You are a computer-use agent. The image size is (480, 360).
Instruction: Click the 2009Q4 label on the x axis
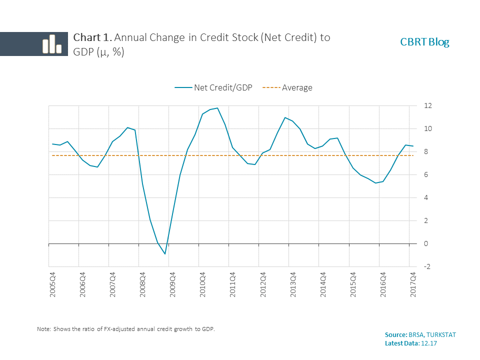172,285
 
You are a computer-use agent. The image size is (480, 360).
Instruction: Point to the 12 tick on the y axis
427,106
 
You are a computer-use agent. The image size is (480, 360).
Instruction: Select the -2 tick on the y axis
427,267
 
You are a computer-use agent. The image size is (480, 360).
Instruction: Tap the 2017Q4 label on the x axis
413,285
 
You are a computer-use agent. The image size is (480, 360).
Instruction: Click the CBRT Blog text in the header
424,42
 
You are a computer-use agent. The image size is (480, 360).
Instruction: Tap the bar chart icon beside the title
51,44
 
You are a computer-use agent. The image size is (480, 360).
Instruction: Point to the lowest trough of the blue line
165,254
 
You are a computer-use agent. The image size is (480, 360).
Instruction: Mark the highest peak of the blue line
217,108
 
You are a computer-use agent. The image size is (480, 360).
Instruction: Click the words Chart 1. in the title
90,37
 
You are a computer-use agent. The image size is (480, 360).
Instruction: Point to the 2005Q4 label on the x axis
52,285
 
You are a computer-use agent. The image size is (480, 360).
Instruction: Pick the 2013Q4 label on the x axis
293,285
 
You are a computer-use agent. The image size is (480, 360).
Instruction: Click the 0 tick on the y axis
426,244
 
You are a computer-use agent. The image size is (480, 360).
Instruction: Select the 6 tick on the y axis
426,175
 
